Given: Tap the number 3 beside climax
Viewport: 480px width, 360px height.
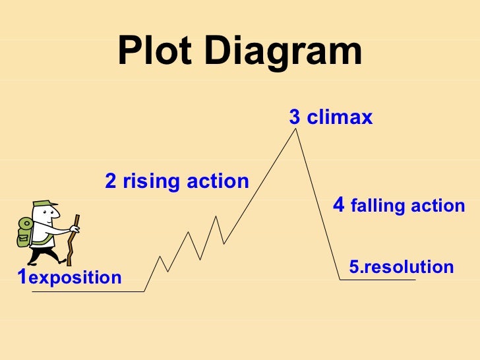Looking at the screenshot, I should tap(295, 118).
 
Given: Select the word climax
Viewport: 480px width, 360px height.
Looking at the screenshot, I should tap(340, 118).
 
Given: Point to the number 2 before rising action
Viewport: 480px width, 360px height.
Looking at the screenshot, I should tap(111, 181).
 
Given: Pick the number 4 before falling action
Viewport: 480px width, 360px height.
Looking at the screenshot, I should tap(339, 205).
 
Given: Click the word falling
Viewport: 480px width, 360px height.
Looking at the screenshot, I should tap(378, 206).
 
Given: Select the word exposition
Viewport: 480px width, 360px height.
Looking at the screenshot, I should tap(75, 278).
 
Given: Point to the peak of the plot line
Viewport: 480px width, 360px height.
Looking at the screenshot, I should tap(296, 129).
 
